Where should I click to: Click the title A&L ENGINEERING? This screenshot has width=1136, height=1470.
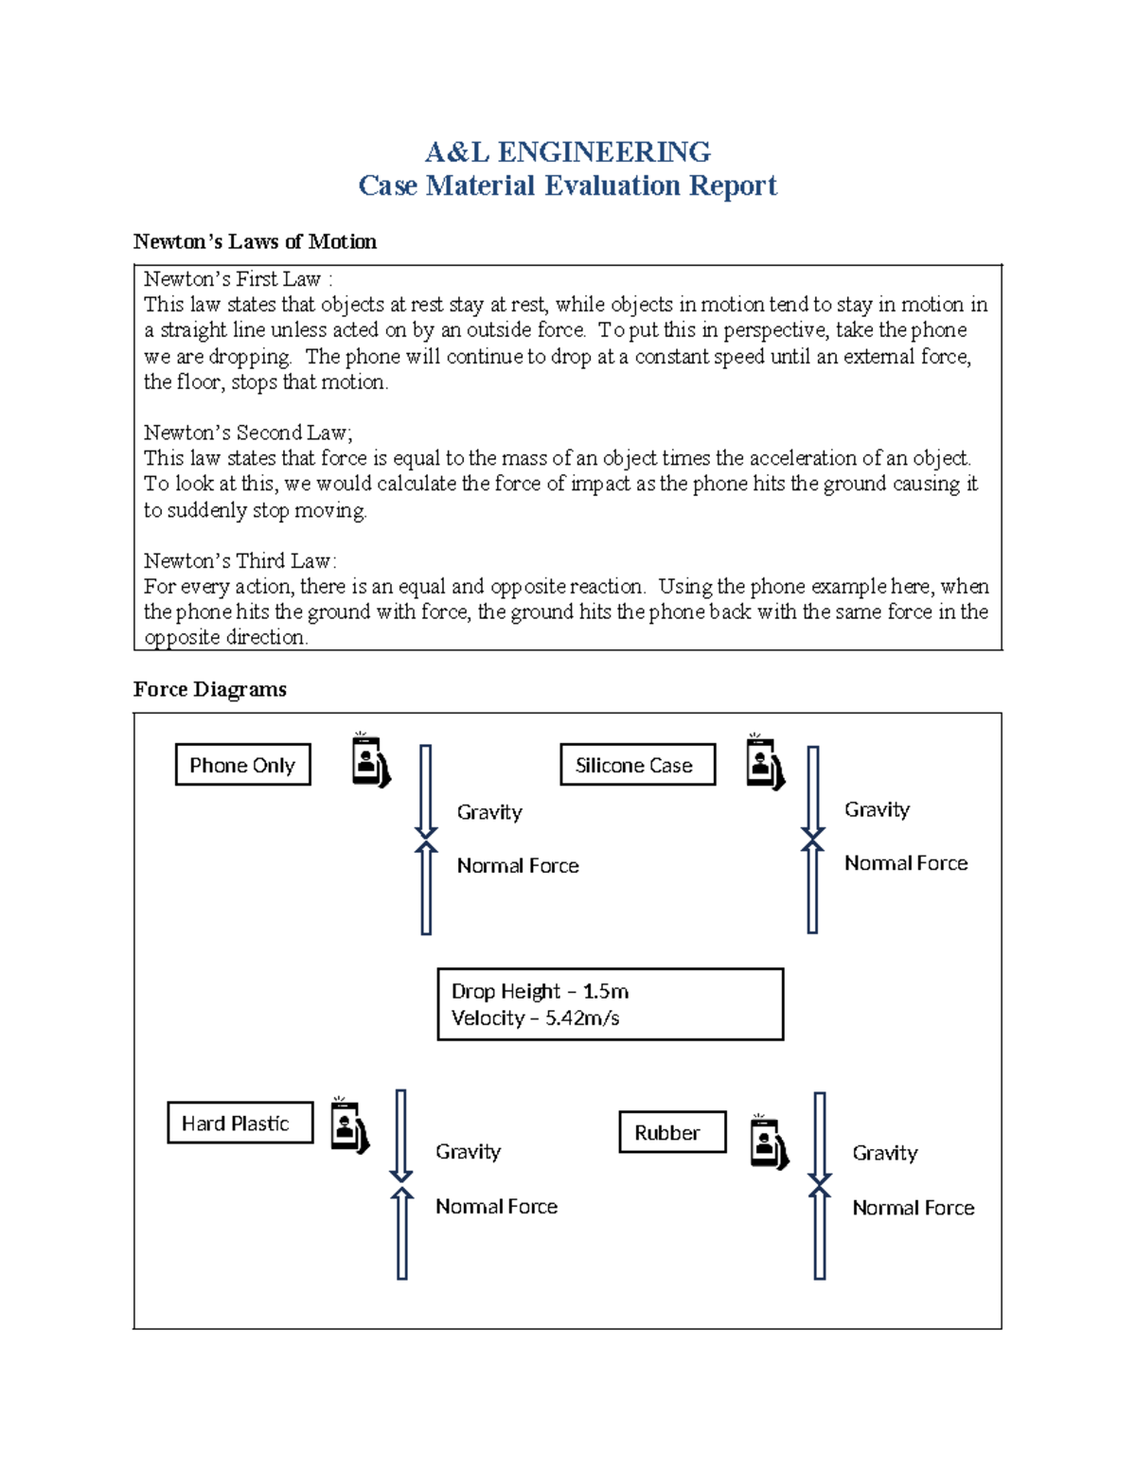point(567,151)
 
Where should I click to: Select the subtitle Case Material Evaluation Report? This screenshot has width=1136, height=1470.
point(567,186)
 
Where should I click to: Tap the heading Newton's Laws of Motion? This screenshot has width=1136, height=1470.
point(255,241)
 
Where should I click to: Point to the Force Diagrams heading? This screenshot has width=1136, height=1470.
point(209,689)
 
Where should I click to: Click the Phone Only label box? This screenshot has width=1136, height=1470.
point(242,765)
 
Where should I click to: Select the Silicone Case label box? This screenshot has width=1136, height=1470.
point(637,765)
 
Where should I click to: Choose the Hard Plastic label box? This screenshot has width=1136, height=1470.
point(240,1124)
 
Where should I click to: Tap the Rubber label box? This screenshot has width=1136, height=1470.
point(672,1132)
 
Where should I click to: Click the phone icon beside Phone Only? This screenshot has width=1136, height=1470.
point(370,762)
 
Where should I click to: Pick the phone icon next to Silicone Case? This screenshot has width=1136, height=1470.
point(765,764)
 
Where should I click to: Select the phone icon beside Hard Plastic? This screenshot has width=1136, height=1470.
point(349,1126)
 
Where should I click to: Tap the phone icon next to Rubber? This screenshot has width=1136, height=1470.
point(769,1142)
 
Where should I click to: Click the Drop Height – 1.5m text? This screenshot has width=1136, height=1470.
point(540,991)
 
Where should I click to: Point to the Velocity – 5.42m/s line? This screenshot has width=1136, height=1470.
point(535,1018)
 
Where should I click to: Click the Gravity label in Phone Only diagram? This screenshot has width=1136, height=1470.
point(489,812)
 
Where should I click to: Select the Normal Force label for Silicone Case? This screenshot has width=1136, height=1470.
point(906,863)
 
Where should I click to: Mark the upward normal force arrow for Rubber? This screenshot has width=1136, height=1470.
point(820,1234)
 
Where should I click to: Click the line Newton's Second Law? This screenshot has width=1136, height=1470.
point(248,433)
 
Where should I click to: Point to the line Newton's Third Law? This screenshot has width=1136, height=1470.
point(240,560)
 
